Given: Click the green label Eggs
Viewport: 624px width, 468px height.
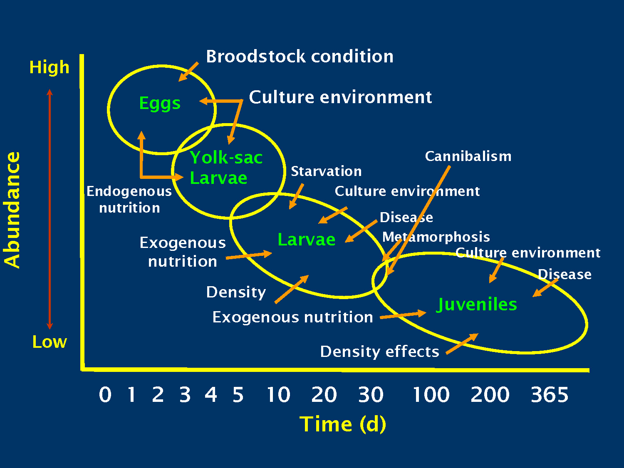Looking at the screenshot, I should [160, 103].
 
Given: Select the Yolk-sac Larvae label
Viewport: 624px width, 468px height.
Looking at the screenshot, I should [225, 168].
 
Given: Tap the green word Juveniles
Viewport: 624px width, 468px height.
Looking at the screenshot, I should [477, 305].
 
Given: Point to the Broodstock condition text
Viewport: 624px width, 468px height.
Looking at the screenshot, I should [300, 57].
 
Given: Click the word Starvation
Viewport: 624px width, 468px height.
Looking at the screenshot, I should [326, 171].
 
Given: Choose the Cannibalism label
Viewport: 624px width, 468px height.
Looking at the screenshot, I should [468, 156].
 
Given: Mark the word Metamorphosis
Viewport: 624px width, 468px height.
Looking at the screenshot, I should [436, 237].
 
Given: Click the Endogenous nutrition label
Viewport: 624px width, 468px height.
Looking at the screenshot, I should [129, 199].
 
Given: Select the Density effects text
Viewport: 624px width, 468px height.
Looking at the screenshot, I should [379, 352].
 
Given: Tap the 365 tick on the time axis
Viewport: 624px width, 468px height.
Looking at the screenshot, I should [549, 395].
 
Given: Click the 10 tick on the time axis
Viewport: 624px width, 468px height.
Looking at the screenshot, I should [278, 395].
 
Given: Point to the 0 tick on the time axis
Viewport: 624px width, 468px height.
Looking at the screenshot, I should [105, 395].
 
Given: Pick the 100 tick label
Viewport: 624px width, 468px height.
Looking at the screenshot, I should [431, 395].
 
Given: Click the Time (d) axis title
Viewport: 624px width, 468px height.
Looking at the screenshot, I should [343, 424].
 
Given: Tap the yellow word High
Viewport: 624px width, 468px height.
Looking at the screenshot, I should [49, 67].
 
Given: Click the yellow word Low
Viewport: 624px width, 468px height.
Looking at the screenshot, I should [50, 342].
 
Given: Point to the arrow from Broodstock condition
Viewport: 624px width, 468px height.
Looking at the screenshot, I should [188, 72].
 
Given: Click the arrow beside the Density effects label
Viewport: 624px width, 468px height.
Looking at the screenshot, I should [462, 344].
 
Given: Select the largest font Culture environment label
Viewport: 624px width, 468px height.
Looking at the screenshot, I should [340, 97].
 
